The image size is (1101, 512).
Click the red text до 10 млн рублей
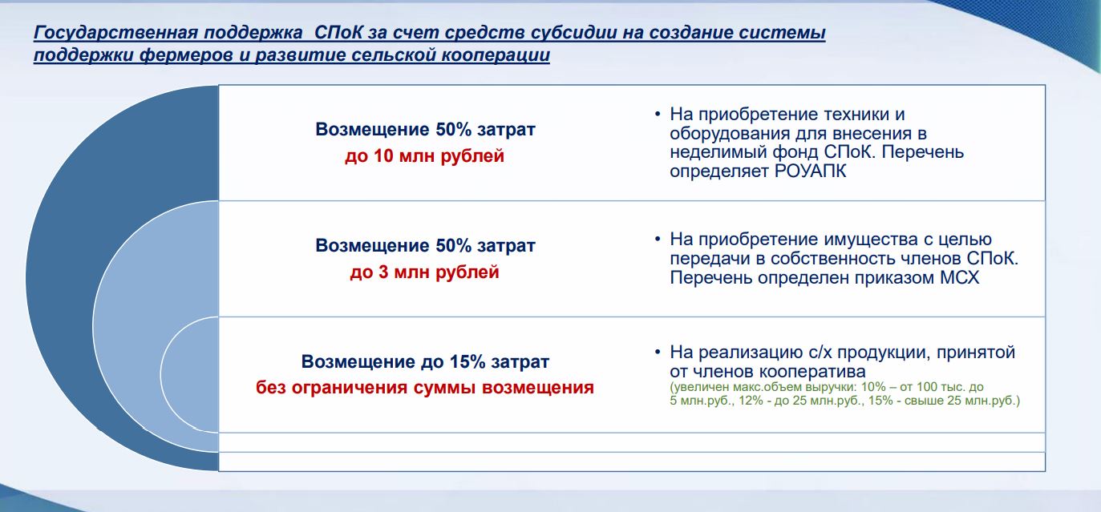pos(425,156)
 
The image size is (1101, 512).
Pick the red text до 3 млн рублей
pos(425,272)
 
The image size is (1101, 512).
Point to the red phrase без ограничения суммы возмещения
pos(425,388)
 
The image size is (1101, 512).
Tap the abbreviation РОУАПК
pos(811,171)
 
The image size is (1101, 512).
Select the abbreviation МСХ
pos(959,278)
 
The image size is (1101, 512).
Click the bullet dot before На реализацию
pos(658,352)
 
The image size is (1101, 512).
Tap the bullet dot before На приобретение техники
pos(658,115)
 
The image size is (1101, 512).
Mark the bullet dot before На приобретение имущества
pos(658,240)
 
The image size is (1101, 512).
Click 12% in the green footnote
pos(751,401)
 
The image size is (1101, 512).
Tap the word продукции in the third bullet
pos(883,353)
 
